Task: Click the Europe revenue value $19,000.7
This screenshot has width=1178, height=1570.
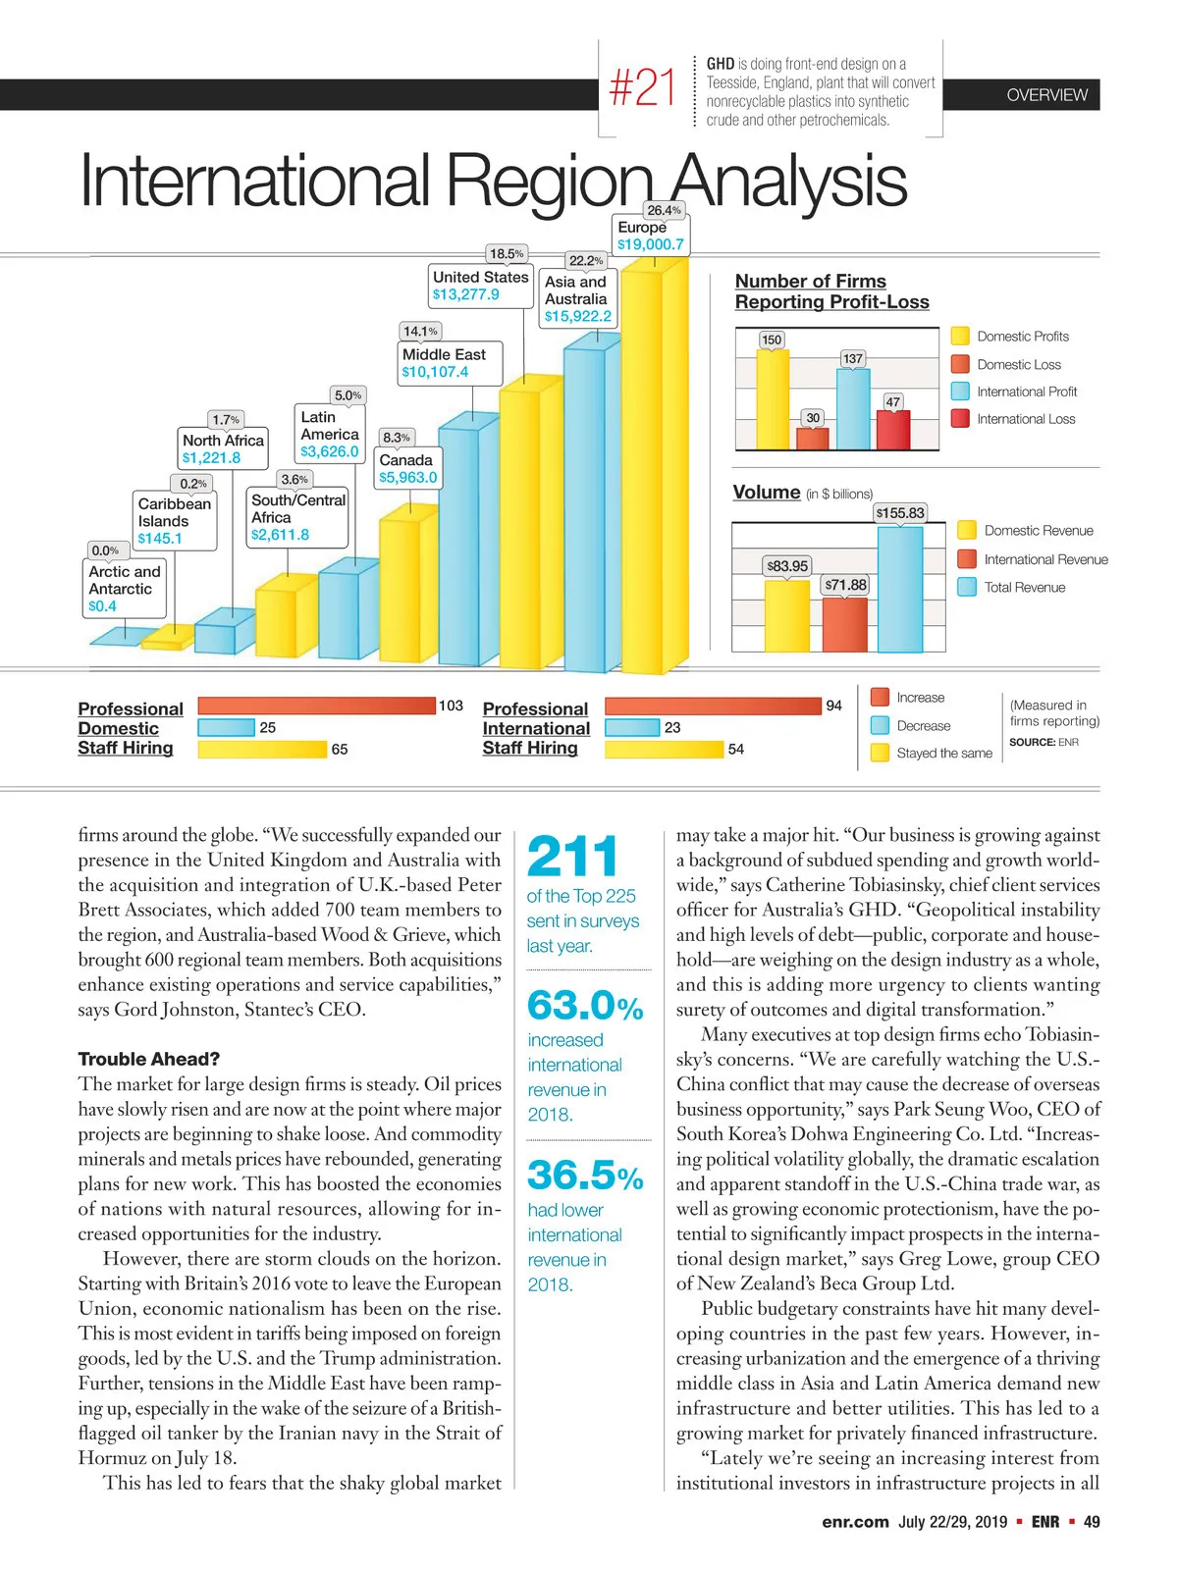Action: point(651,244)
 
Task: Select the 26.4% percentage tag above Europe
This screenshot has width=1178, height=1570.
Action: point(664,210)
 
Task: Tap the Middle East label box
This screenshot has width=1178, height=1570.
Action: point(450,363)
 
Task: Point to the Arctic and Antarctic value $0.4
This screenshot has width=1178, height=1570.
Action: point(102,606)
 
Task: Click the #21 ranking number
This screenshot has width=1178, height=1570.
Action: point(643,87)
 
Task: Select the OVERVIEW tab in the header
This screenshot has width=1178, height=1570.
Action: point(1046,95)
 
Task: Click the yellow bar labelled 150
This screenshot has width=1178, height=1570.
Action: point(772,397)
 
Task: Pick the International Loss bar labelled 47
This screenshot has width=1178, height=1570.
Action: point(893,429)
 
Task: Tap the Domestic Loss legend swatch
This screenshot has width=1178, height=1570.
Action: point(960,364)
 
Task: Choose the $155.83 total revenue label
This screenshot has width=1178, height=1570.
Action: point(900,513)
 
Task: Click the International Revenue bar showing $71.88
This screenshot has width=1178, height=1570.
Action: point(845,624)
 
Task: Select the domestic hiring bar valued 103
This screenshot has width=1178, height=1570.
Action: point(316,706)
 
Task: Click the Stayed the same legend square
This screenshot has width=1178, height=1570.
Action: point(880,753)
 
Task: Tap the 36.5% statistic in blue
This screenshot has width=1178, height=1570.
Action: point(585,1175)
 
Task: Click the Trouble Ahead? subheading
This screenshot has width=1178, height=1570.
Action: point(149,1059)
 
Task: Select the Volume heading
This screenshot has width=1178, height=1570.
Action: point(767,492)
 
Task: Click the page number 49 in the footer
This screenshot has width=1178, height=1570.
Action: point(1092,1522)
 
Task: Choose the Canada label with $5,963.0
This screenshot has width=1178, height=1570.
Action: point(407,468)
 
